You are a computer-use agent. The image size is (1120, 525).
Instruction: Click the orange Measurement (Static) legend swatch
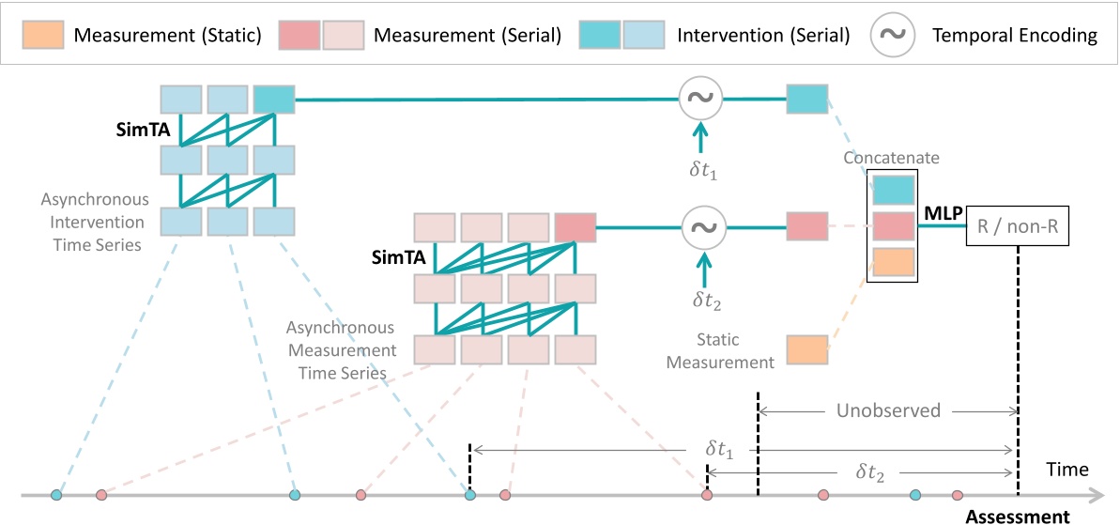pyautogui.click(x=44, y=36)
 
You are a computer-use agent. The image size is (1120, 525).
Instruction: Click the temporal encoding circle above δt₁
pyautogui.click(x=699, y=98)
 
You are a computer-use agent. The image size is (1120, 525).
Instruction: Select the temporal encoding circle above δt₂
pyautogui.click(x=699, y=226)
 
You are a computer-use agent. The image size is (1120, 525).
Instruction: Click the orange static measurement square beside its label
pyautogui.click(x=806, y=349)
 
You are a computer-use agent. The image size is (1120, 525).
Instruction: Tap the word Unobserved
pyautogui.click(x=889, y=410)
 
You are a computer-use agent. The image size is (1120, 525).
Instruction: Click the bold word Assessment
pyautogui.click(x=1017, y=516)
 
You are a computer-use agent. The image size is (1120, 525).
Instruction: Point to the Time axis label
pyautogui.click(x=1068, y=469)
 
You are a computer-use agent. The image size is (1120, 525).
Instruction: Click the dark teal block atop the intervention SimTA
pyautogui.click(x=273, y=99)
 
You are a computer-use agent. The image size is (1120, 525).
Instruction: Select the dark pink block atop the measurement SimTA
pyautogui.click(x=575, y=226)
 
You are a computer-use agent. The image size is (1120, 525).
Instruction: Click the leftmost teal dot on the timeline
pyautogui.click(x=56, y=494)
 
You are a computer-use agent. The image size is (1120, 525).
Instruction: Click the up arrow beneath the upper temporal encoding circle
pyautogui.click(x=699, y=140)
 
